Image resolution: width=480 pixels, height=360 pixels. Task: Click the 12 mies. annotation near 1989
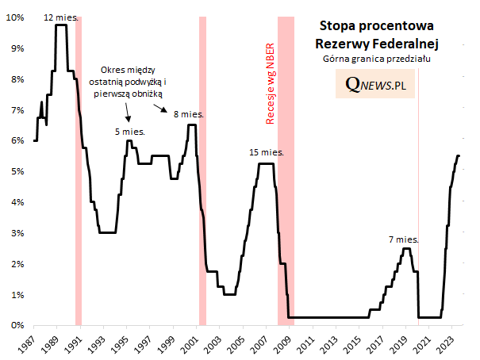[x=60, y=17]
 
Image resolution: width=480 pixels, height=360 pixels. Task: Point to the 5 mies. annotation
[x=129, y=132]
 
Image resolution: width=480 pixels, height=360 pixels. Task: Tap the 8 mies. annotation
[x=188, y=114]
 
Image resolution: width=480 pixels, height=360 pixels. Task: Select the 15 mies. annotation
[x=265, y=152]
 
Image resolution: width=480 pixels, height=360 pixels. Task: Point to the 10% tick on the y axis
[x=17, y=17]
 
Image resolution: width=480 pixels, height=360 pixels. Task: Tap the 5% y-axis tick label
[x=18, y=171]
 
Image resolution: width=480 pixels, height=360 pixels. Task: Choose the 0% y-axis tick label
[x=18, y=325]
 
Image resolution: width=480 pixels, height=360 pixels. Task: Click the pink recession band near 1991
[x=79, y=198]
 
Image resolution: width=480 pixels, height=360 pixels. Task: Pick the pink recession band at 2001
[x=202, y=198]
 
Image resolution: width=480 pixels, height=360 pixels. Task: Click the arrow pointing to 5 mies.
[x=129, y=119]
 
